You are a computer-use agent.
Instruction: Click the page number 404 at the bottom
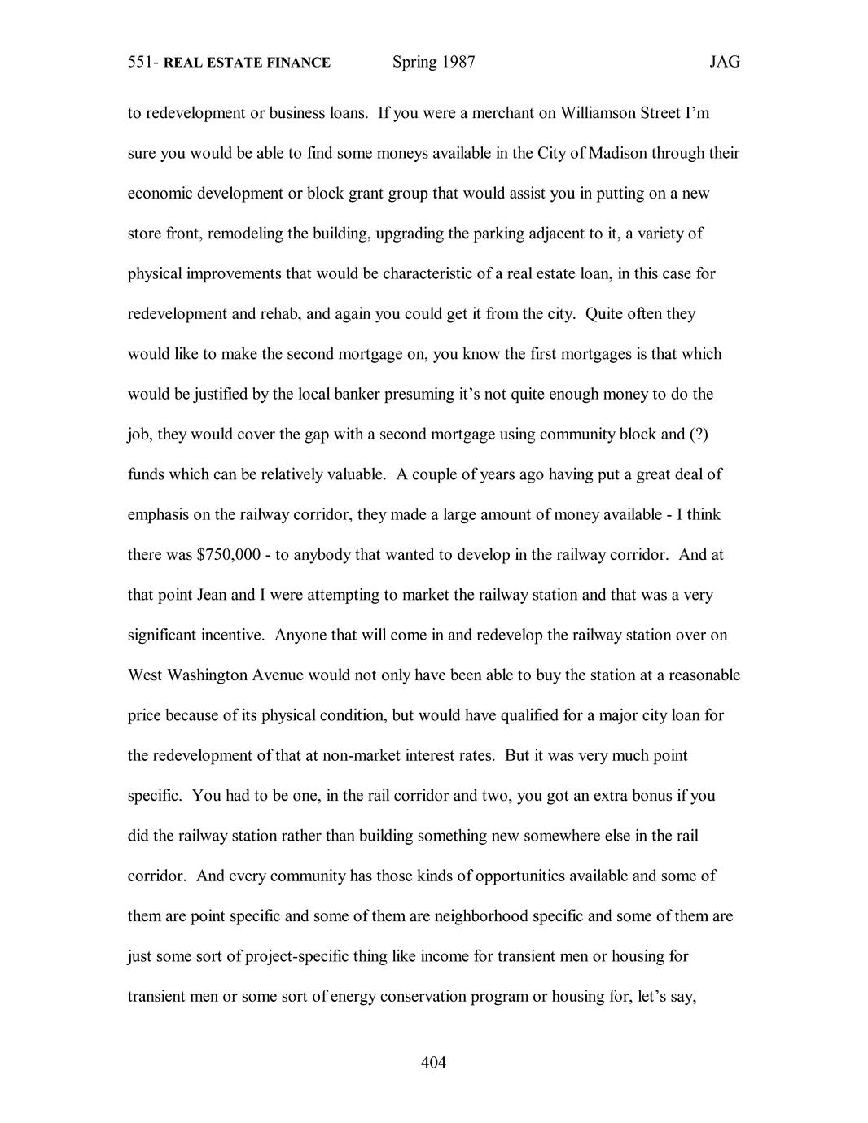434,1062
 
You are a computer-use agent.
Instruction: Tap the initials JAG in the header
724,62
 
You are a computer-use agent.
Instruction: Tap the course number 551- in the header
143,63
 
